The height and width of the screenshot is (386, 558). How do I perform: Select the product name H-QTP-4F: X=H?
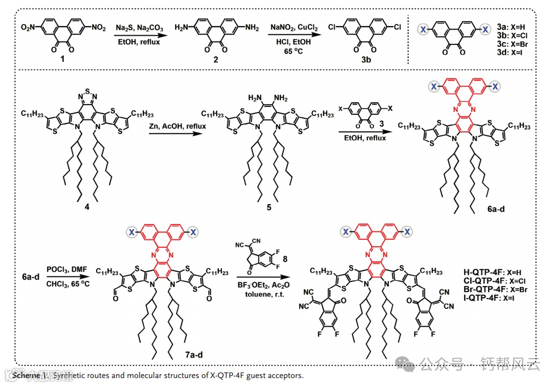(x=490, y=271)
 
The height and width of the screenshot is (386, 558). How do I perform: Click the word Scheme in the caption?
(x=26, y=376)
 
